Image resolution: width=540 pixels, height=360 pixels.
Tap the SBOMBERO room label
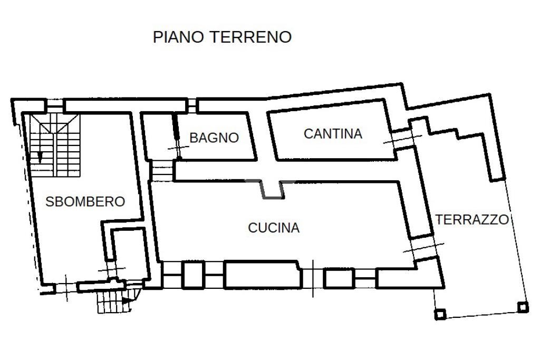click(85, 201)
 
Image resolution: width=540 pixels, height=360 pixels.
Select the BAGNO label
click(214, 138)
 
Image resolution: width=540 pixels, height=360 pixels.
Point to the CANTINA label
click(333, 134)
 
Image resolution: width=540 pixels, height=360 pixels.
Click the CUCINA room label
click(274, 228)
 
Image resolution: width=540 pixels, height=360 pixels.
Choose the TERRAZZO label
click(472, 219)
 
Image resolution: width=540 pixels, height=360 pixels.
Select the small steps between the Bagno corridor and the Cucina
click(159, 170)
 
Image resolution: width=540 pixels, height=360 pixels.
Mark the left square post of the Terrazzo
click(440, 315)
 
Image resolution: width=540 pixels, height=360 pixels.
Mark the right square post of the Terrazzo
click(523, 306)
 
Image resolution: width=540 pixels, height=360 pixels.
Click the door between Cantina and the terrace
click(402, 137)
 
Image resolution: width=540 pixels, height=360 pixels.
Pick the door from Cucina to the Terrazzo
click(423, 248)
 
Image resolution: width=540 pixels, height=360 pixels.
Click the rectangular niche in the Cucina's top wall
click(273, 189)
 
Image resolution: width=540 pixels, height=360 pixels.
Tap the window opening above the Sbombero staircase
click(53, 106)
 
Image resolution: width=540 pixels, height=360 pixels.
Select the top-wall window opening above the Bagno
click(192, 105)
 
